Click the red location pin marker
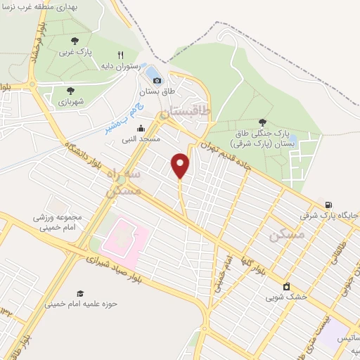point(181,165)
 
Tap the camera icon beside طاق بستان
point(157,81)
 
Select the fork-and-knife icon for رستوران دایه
point(121,54)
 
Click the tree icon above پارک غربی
point(75,41)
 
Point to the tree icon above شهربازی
point(70,90)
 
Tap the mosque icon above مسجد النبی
point(141,128)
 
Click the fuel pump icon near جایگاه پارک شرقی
point(328,205)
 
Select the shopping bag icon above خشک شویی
point(286,286)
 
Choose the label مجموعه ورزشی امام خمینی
point(57,221)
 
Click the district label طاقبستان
point(185,111)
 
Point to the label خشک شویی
point(286,297)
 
